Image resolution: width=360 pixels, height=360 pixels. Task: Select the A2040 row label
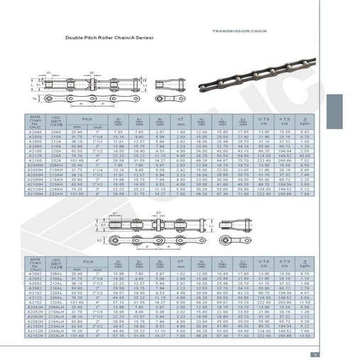[35, 131]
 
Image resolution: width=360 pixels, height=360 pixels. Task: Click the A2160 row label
[35, 161]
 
